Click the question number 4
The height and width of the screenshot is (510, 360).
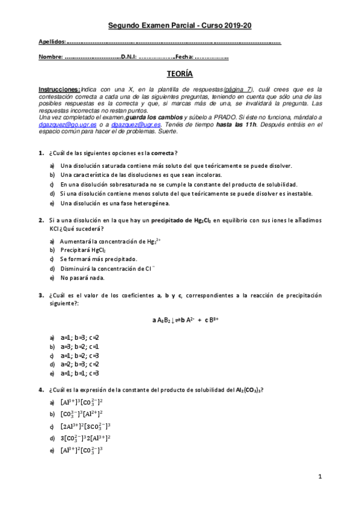tap(40, 389)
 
